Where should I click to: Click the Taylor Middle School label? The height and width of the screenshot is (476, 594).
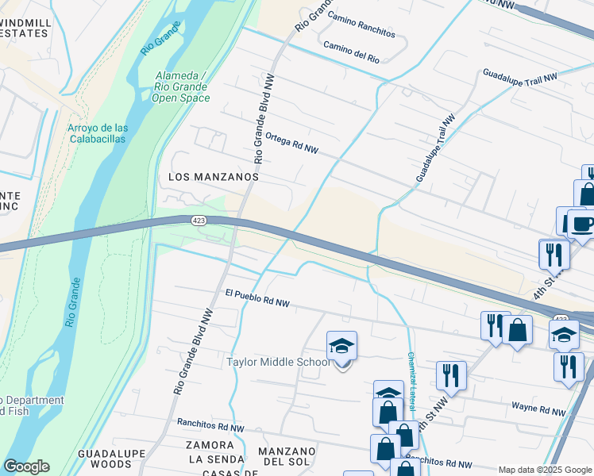point(278,363)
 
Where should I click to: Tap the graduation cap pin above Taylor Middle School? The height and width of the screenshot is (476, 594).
point(341,347)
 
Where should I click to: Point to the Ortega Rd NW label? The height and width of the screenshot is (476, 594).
point(291,143)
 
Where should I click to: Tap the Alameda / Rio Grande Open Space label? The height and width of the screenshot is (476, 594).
point(181,86)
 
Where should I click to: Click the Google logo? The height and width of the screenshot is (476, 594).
point(26,466)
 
